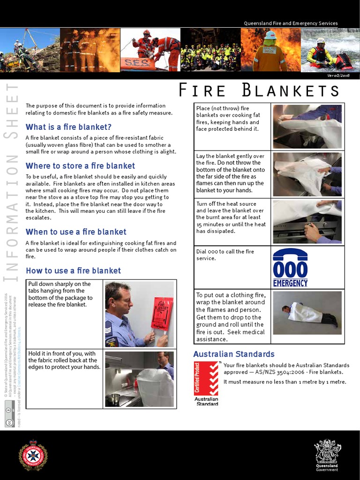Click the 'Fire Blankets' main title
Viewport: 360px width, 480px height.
click(x=265, y=90)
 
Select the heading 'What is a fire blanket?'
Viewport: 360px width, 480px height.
click(x=68, y=127)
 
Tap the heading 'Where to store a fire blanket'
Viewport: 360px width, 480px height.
click(x=80, y=166)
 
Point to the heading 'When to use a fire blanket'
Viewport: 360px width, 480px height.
click(x=76, y=232)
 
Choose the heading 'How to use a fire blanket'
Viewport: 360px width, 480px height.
click(x=73, y=271)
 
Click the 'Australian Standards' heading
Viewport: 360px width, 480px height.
click(x=234, y=354)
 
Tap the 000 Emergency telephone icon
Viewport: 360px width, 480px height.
click(x=290, y=267)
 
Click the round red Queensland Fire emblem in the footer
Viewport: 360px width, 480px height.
click(x=33, y=455)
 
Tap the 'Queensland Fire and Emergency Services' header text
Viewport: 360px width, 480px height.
click(x=291, y=23)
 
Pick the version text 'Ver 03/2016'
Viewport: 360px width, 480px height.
click(x=338, y=75)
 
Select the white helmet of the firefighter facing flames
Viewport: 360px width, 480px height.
click(x=270, y=35)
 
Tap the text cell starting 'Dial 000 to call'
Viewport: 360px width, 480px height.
click(x=225, y=255)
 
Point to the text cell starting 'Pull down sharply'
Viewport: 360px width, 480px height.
click(x=60, y=294)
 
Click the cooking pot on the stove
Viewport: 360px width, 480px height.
click(x=114, y=398)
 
